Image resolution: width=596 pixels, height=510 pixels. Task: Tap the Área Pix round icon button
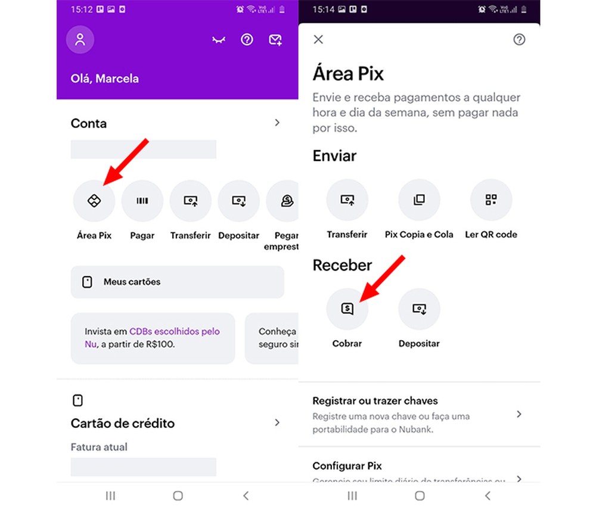point(94,201)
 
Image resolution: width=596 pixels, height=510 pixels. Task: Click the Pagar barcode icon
point(142,201)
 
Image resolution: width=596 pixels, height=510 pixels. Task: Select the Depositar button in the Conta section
point(239,201)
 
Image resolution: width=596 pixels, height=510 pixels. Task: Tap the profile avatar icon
point(80,40)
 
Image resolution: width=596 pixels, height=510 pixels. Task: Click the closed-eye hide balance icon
point(219,41)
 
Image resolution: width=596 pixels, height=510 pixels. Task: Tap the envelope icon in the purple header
point(275,40)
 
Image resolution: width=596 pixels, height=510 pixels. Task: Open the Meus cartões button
point(177,282)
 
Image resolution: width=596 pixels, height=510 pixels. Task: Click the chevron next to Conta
point(277,123)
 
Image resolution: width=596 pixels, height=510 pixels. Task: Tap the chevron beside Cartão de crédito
point(277,422)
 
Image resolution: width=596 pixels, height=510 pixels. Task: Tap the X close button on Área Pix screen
point(318,39)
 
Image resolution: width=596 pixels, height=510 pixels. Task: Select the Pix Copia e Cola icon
point(419,200)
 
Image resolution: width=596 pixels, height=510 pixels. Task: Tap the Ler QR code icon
point(491,200)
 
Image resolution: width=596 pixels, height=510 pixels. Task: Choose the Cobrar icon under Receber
point(347,309)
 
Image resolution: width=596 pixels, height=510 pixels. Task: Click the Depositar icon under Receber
point(419,309)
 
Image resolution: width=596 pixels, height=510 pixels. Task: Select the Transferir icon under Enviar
point(347,200)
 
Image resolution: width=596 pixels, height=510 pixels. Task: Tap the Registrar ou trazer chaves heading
point(375,400)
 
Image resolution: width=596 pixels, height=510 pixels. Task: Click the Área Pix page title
point(348,74)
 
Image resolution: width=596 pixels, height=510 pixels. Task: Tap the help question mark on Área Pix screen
point(519,39)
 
